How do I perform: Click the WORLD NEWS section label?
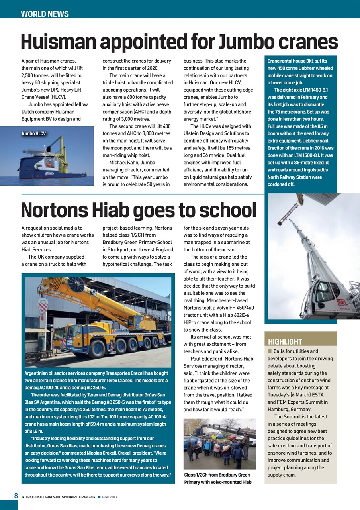coord(45,14)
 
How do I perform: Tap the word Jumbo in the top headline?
coord(246,42)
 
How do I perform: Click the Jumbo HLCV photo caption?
coord(34,133)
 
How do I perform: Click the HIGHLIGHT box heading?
coord(285,342)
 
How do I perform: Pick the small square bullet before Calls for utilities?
coord(270,351)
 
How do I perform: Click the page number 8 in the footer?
coord(16,496)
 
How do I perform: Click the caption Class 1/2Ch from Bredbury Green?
coord(217,475)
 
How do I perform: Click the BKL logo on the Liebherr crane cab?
coord(342,302)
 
